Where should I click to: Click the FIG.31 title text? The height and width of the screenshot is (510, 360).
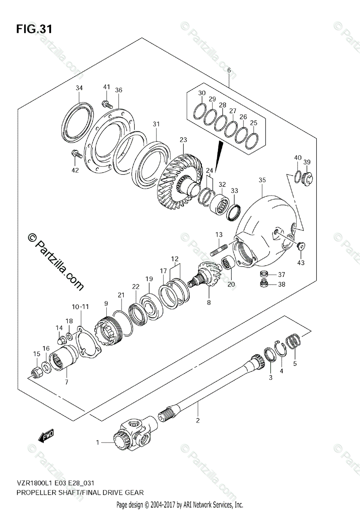(34, 29)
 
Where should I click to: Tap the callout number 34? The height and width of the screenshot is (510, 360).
(79, 88)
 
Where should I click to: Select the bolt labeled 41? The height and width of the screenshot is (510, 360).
(106, 103)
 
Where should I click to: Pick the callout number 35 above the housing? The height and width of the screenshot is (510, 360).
(262, 180)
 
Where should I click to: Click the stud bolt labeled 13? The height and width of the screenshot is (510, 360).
(221, 249)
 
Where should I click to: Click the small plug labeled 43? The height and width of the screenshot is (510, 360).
(302, 245)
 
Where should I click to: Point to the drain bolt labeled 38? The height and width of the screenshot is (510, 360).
(264, 284)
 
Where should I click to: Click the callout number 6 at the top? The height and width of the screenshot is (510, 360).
(229, 70)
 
